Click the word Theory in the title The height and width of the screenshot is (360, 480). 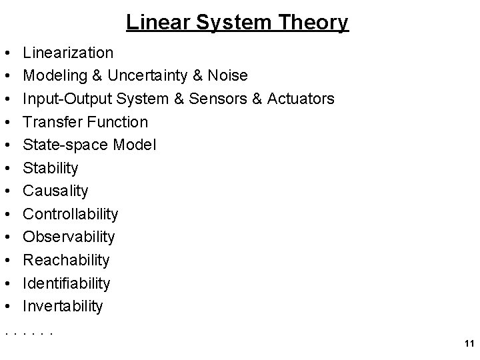[x=313, y=23]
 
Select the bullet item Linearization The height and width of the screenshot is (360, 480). [x=68, y=52]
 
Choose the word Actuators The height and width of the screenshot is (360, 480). [x=301, y=99]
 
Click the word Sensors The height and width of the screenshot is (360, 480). [x=216, y=99]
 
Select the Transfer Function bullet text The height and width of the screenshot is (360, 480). [x=85, y=122]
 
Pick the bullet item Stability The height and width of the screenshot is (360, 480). [x=50, y=167]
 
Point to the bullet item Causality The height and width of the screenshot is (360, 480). [x=55, y=191]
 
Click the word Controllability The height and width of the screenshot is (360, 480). [x=70, y=214]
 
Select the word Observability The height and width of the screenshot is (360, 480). [x=69, y=237]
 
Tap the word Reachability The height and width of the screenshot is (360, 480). [x=66, y=260]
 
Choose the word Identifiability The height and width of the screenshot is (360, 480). [x=66, y=283]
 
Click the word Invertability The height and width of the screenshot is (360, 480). [x=63, y=306]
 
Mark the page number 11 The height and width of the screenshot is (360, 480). [x=467, y=344]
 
